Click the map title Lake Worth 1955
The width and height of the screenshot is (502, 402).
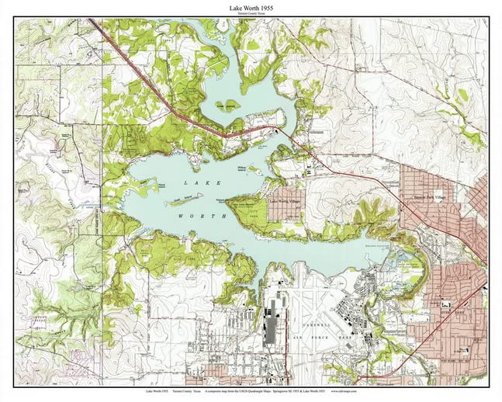(x=251, y=7)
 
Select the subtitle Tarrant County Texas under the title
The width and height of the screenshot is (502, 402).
(x=251, y=15)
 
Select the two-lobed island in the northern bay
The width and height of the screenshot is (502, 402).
(x=228, y=106)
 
